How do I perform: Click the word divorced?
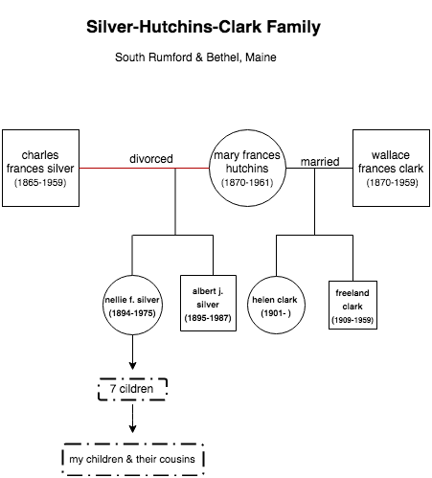click(x=151, y=159)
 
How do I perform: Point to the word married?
click(x=320, y=162)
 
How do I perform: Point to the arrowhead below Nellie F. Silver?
click(x=132, y=366)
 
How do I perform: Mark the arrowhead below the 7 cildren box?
click(x=132, y=429)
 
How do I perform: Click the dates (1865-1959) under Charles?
click(x=40, y=183)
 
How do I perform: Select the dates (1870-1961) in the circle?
click(x=247, y=183)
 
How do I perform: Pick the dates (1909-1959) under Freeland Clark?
click(x=352, y=320)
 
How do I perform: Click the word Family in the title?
click(x=294, y=27)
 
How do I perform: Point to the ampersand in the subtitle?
click(x=199, y=57)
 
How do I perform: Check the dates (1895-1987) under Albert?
click(x=208, y=318)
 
